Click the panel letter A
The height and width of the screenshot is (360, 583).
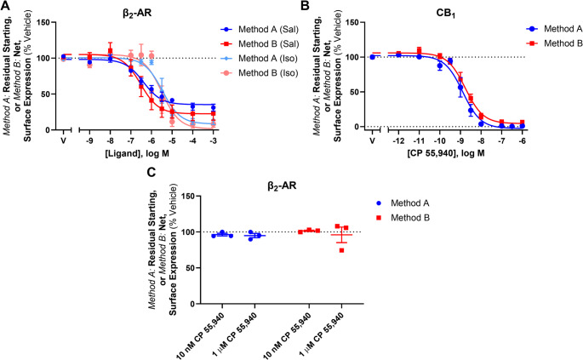[x=6, y=7]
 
